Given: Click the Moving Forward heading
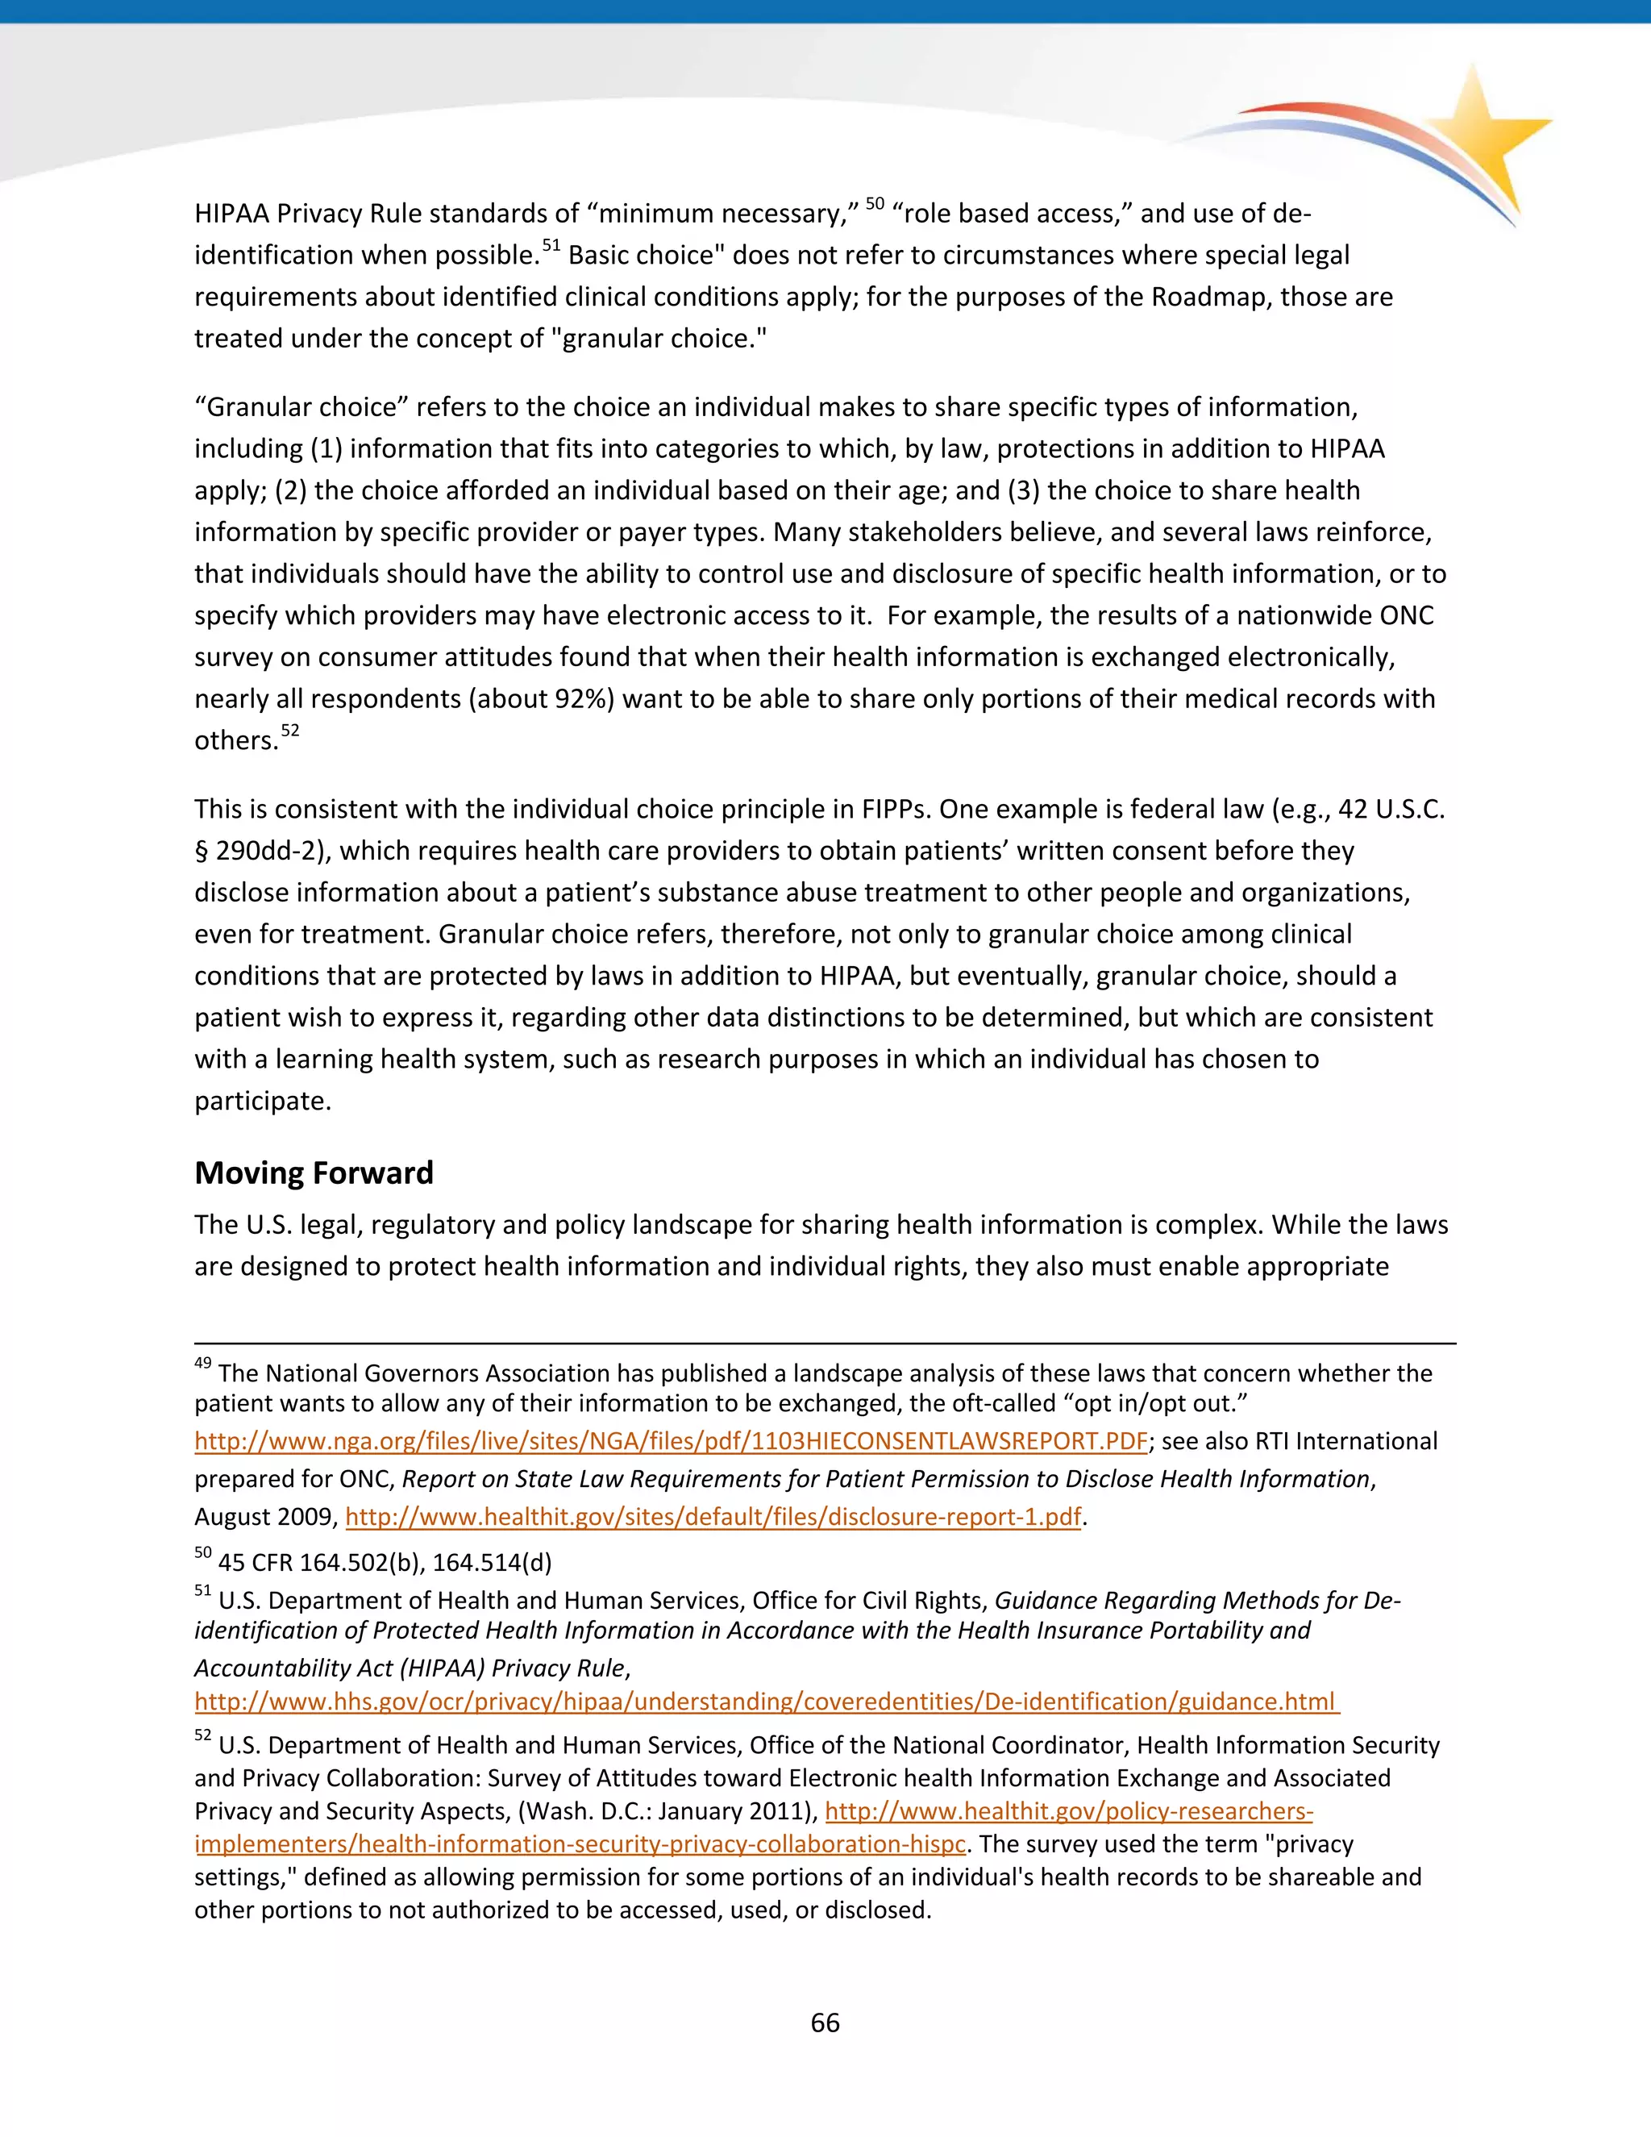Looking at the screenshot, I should [313, 1173].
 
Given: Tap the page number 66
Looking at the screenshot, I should [825, 2022].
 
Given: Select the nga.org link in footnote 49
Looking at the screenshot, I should [670, 1441].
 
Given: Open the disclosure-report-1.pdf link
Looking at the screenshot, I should [713, 1517].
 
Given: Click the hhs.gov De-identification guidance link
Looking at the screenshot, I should [766, 1701].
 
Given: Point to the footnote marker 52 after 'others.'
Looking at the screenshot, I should [289, 731].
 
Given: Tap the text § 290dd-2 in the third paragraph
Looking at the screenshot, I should [256, 850].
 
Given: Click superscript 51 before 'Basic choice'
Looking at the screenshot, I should [551, 246].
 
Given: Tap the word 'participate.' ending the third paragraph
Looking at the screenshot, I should [262, 1101].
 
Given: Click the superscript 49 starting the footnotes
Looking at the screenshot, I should [202, 1363].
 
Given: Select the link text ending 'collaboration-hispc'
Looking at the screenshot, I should [580, 1844].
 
